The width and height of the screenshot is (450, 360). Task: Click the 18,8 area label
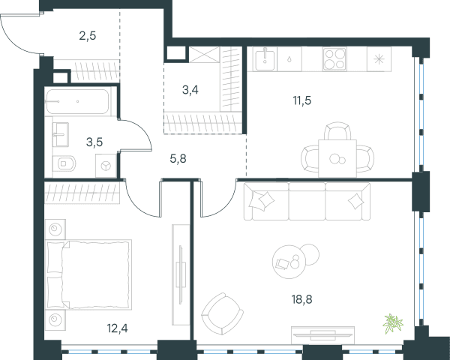(302, 299)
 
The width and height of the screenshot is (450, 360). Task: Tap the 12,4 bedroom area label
(118, 328)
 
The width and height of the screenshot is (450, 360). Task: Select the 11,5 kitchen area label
(302, 100)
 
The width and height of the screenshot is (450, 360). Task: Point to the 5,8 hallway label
(178, 158)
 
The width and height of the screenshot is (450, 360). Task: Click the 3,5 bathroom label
(94, 142)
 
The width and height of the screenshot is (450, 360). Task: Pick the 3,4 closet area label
(190, 90)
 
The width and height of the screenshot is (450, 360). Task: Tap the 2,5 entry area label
(88, 36)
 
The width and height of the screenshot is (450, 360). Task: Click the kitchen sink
(265, 59)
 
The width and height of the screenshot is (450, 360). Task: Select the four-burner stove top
(334, 58)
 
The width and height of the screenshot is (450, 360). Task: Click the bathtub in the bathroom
(77, 102)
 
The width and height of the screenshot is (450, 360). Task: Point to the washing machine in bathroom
(106, 166)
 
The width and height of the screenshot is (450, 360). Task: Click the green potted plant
(393, 323)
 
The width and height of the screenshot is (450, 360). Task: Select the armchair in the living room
(222, 313)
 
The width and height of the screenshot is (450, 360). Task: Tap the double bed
(89, 274)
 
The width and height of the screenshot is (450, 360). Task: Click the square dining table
(337, 158)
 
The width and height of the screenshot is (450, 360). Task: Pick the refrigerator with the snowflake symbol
(379, 59)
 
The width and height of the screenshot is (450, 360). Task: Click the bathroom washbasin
(61, 135)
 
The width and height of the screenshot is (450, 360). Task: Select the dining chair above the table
(337, 131)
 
